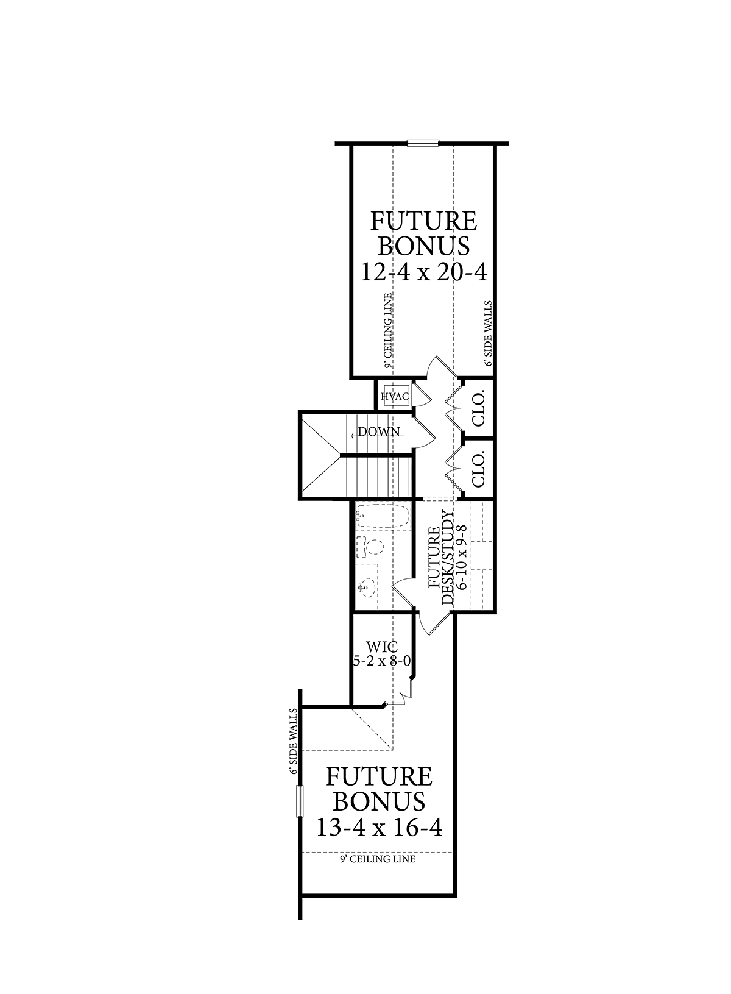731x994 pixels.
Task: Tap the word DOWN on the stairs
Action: click(379, 432)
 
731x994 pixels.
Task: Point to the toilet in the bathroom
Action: click(375, 547)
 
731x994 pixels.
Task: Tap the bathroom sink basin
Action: click(364, 589)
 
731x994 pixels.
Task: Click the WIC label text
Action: click(379, 646)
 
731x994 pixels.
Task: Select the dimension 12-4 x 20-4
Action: click(424, 272)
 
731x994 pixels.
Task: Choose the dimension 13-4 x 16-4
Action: click(378, 827)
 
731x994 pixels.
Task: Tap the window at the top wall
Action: click(423, 144)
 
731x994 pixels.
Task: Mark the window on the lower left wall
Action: click(299, 800)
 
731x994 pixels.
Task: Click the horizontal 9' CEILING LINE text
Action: click(378, 859)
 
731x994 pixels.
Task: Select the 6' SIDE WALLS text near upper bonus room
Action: click(488, 333)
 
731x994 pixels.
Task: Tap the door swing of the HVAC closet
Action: click(423, 395)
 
